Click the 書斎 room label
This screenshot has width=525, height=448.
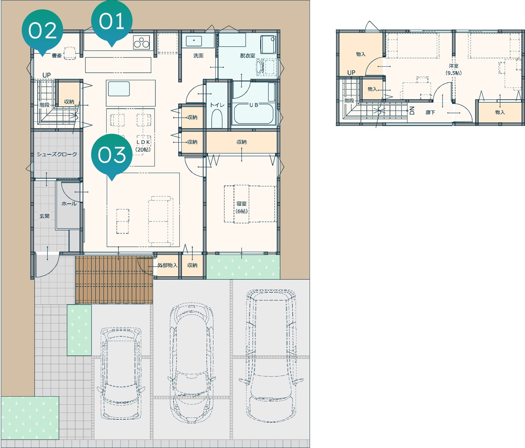tap(57, 56)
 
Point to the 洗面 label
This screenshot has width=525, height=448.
tap(198, 56)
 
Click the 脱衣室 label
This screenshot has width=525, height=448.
tap(247, 56)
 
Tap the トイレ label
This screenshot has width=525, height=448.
tap(217, 105)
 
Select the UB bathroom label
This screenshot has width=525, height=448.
tap(254, 105)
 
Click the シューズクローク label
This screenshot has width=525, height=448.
tap(57, 154)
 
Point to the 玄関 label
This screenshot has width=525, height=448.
tap(44, 216)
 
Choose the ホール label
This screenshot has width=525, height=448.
tap(69, 204)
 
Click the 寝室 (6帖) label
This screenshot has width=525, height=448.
tap(242, 208)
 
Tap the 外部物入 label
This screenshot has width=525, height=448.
tap(167, 265)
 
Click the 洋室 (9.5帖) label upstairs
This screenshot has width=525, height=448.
tap(454, 69)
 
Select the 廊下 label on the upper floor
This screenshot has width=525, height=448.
tap(430, 112)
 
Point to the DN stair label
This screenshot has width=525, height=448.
tap(412, 110)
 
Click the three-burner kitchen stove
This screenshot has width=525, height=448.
tap(141, 43)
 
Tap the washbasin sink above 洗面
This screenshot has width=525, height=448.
tap(194, 41)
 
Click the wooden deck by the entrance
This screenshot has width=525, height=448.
tap(114, 280)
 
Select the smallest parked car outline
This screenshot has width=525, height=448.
tap(121, 373)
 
